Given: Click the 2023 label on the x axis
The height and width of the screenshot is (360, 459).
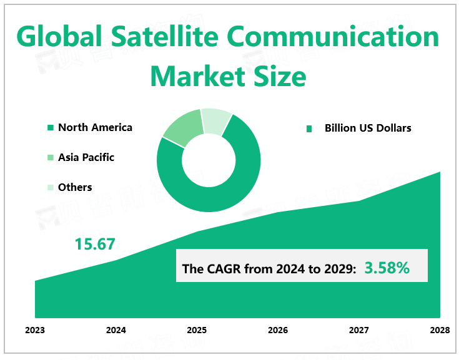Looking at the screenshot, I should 35,329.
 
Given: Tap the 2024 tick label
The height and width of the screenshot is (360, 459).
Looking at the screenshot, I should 116,329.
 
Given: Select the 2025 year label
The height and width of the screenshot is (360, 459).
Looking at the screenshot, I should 197,329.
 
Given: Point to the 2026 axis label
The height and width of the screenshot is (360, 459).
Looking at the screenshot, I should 278,329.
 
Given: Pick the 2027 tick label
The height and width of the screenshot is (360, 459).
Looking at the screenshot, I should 358,329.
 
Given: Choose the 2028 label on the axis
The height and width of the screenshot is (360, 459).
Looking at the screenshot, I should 439,329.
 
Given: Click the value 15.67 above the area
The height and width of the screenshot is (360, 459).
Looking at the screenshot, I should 95,244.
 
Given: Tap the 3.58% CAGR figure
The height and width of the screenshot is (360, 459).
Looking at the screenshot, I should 387,268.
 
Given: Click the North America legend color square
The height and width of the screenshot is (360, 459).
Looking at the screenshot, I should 51,128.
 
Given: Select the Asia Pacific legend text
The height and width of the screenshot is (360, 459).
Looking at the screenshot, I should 86,157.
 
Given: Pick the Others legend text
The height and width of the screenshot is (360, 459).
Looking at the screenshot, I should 75,187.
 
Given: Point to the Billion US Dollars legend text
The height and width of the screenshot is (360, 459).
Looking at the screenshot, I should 368,128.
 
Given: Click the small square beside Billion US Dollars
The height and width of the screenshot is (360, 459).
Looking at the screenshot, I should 308,129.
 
